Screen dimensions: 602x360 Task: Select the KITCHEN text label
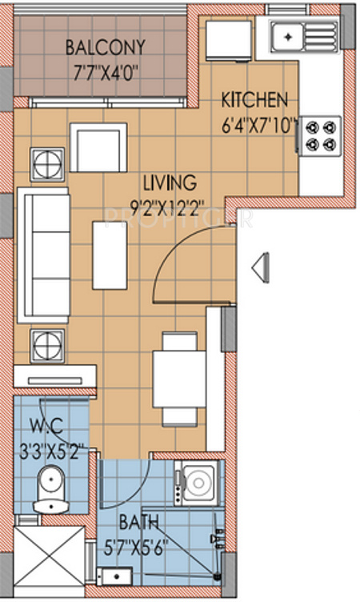pos(254,101)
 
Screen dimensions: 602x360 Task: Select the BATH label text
pos(138,523)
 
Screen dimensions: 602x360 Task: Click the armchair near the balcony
pos(98,147)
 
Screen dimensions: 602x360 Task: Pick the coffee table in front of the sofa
pos(110,255)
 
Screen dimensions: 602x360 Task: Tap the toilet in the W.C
pos(52,490)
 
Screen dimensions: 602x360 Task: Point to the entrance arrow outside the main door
pos(261,267)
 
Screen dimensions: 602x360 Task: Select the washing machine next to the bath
pos(197,484)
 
